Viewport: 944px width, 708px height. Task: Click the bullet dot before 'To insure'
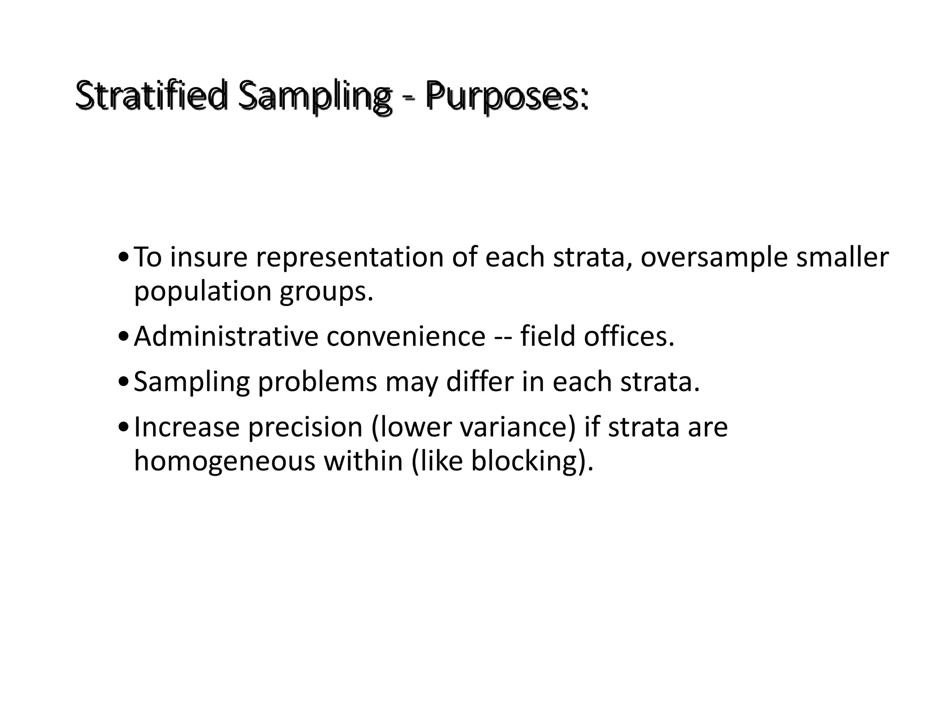123,258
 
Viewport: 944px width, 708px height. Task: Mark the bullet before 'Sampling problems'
123,383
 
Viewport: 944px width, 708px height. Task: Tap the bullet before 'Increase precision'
123,428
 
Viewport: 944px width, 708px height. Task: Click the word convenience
406,336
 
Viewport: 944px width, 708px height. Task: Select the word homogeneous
224,460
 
